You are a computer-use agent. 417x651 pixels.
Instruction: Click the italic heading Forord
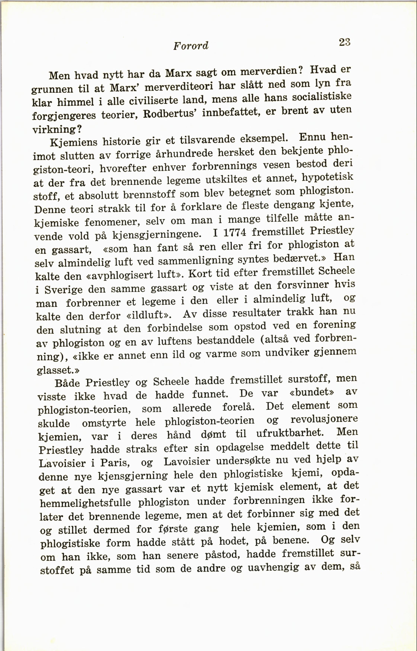(191, 46)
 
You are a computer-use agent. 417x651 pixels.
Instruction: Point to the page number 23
(345, 42)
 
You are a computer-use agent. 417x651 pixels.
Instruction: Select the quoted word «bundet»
(312, 392)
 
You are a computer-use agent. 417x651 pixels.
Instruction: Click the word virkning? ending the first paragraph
(57, 129)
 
